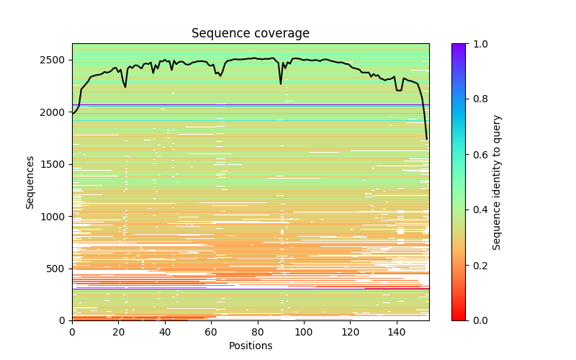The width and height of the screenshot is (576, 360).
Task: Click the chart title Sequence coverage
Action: point(250,33)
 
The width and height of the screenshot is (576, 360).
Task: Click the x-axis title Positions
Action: point(250,346)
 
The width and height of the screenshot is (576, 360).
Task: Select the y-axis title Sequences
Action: point(30,181)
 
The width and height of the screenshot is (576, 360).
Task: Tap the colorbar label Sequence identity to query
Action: point(497,181)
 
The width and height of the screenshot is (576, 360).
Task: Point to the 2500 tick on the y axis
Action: point(56,60)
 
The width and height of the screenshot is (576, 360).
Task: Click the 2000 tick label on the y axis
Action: point(56,112)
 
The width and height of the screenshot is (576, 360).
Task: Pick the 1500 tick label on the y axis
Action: point(56,164)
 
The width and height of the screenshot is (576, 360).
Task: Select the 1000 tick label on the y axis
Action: point(56,216)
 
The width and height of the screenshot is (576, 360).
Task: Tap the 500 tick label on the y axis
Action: point(59,269)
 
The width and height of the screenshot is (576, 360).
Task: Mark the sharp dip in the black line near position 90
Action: point(281,84)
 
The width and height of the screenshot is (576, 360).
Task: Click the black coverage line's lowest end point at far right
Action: point(427,139)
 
